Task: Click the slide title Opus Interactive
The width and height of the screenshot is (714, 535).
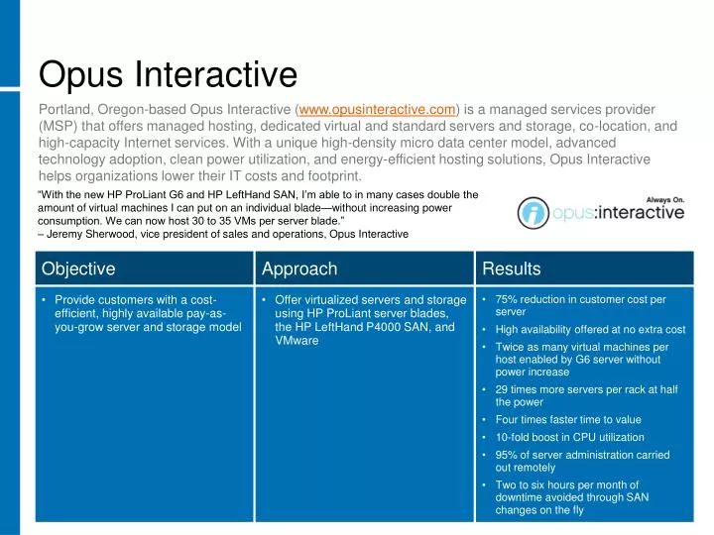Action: (x=168, y=74)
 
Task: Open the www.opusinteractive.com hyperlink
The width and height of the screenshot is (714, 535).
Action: (x=377, y=109)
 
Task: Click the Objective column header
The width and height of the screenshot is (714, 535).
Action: (x=78, y=268)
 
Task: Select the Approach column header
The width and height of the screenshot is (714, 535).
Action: (x=299, y=268)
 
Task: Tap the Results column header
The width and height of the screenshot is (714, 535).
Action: (x=512, y=268)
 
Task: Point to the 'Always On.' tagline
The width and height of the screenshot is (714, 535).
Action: (x=665, y=198)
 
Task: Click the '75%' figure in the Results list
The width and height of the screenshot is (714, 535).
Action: (x=507, y=299)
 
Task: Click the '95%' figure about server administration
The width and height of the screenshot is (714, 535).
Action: (x=508, y=455)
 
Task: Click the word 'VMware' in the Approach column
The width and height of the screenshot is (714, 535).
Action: (x=297, y=341)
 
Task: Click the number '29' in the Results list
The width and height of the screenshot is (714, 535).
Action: (x=502, y=389)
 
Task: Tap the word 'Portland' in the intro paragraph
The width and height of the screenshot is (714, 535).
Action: (x=66, y=109)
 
